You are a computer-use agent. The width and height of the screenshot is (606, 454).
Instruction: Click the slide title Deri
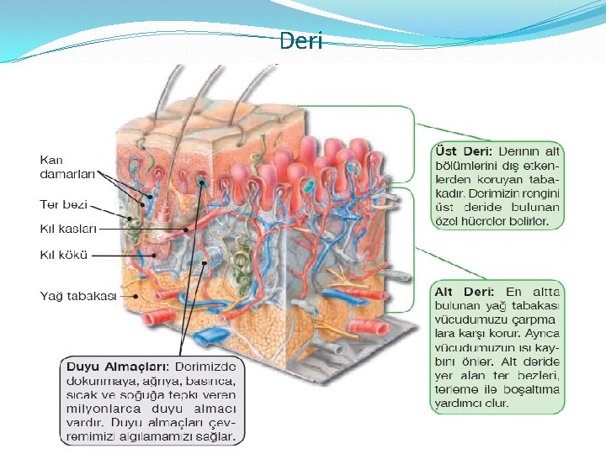(300, 40)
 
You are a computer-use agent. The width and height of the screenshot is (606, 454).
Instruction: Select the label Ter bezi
(64, 204)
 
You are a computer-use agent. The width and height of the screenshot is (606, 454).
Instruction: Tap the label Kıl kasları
(69, 228)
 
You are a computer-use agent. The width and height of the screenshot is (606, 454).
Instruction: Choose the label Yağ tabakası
(78, 295)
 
